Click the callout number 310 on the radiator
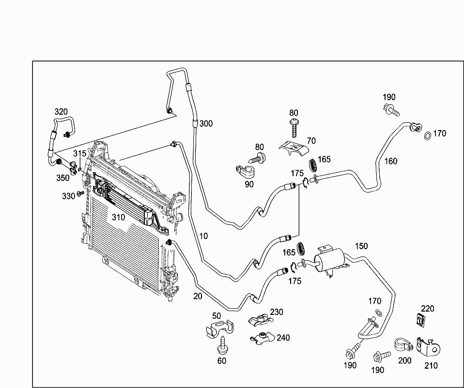[x=118, y=217]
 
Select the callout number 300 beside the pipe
[x=206, y=124]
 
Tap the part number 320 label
[x=61, y=112]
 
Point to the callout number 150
[x=361, y=246]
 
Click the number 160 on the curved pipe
[x=391, y=161]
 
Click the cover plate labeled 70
[x=294, y=148]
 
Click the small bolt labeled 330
[x=80, y=194]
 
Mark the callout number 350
[x=62, y=178]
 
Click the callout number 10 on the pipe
[x=203, y=236]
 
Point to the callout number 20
[x=197, y=296]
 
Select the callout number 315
[x=79, y=153]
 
